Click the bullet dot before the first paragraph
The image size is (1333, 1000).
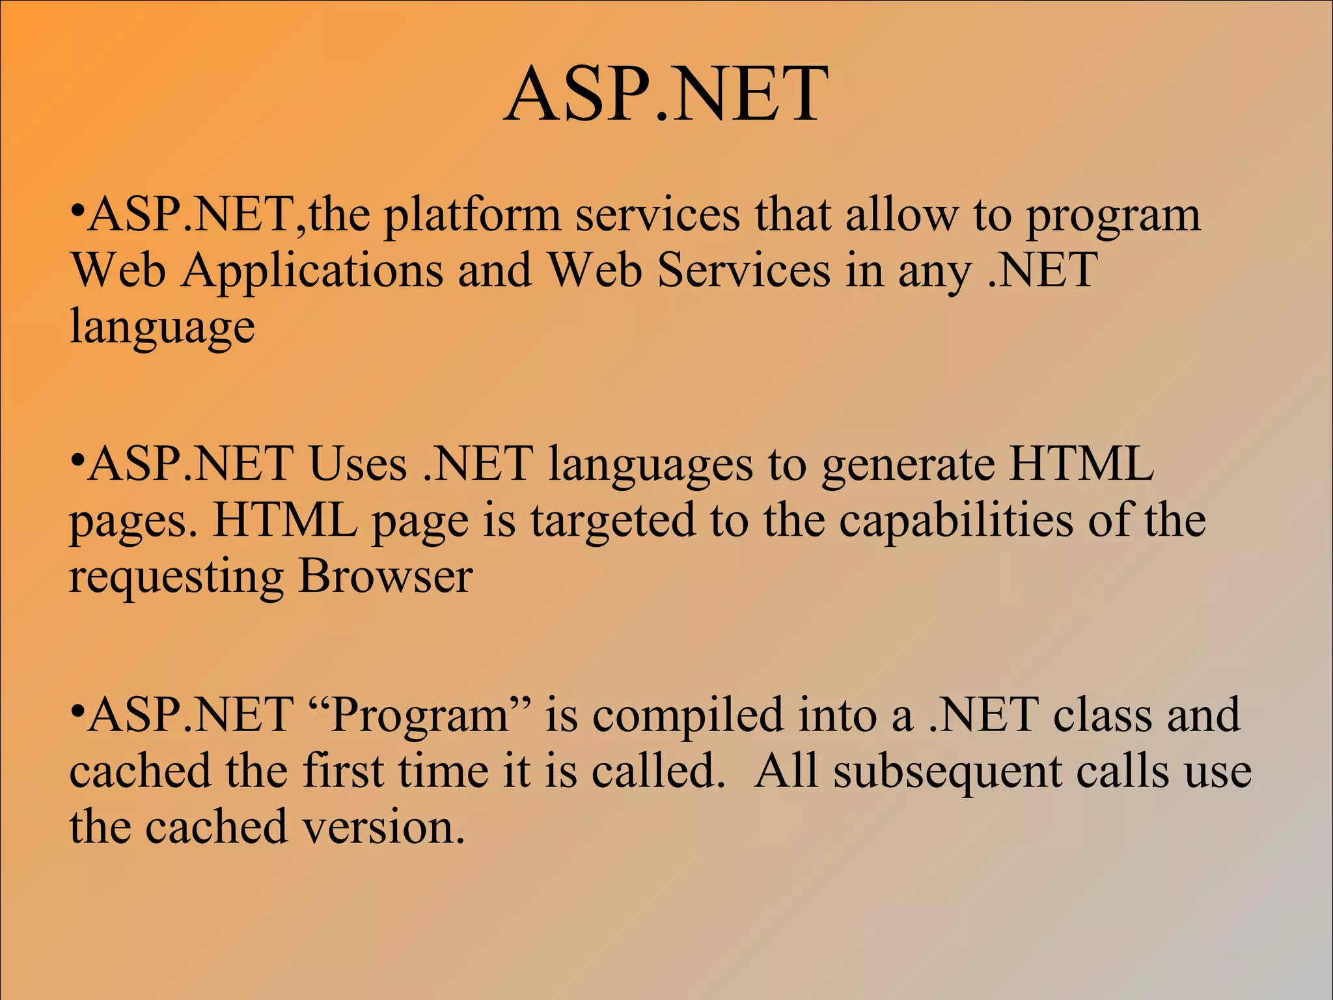[77, 212]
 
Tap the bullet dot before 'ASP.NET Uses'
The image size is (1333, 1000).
[77, 462]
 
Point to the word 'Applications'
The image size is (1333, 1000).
[312, 271]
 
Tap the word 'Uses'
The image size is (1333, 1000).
[357, 465]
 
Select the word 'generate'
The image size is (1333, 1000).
[907, 466]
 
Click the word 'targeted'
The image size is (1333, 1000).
[612, 521]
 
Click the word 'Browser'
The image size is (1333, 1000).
[385, 577]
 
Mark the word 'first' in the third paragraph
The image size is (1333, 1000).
[343, 771]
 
